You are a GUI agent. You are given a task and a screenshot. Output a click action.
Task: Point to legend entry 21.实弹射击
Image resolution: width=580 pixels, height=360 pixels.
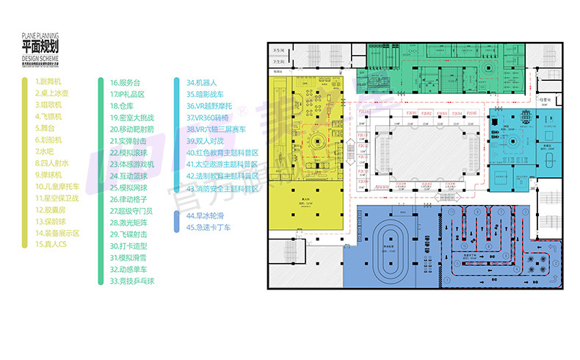[x=128, y=140]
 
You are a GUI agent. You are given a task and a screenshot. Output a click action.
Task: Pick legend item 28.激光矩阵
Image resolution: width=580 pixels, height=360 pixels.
[x=128, y=222]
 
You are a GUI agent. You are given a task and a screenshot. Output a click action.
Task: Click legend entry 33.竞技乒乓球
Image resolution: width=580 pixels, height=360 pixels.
[x=132, y=281]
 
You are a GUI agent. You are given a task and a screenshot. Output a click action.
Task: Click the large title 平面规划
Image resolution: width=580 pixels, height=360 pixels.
[x=40, y=47]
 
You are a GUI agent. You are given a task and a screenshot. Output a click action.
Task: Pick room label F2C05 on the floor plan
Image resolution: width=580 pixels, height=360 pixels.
[x=471, y=113]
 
